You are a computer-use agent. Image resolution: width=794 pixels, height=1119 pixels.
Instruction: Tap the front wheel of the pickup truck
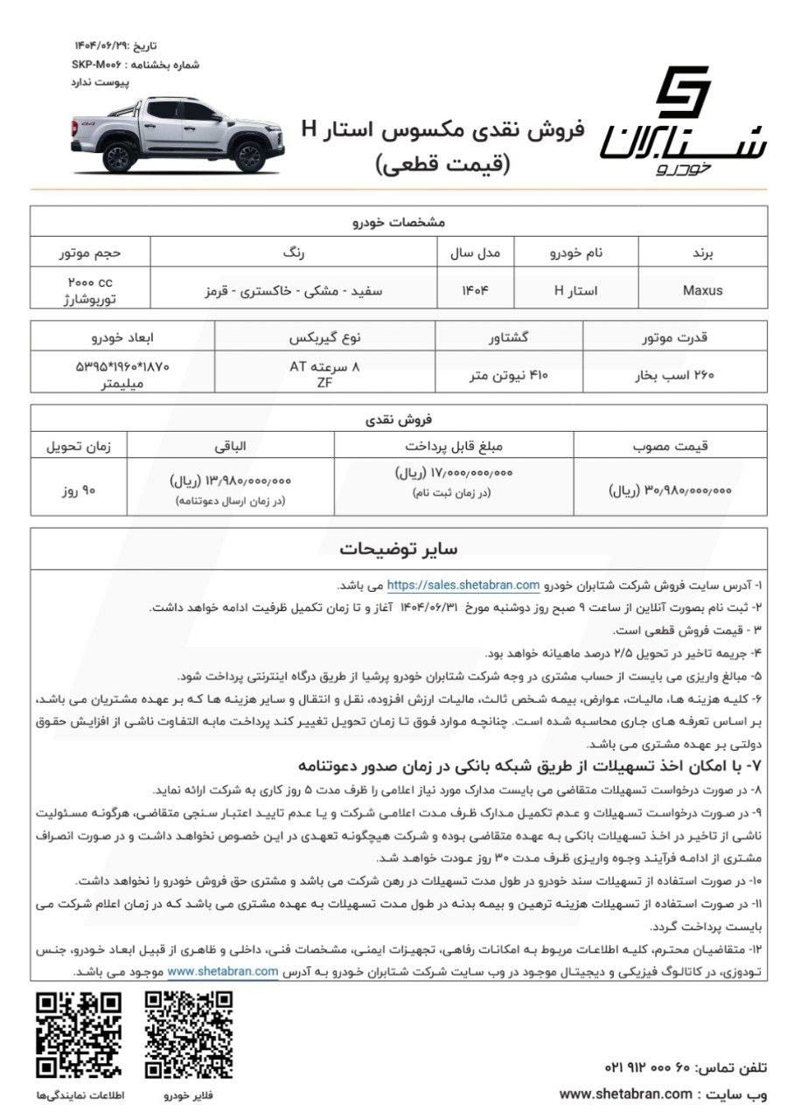click(118, 156)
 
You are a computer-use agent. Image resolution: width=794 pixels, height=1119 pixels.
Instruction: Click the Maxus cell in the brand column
click(702, 290)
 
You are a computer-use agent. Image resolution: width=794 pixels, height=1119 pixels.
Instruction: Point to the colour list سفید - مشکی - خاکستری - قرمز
click(293, 290)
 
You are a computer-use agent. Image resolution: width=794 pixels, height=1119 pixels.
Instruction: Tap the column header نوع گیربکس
click(324, 337)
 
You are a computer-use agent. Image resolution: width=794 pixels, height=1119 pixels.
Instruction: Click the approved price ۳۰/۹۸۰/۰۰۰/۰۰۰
click(670, 491)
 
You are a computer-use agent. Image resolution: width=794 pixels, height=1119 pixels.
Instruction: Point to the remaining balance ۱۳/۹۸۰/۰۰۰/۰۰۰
click(231, 480)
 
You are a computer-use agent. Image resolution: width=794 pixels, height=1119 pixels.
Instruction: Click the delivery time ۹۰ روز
click(77, 491)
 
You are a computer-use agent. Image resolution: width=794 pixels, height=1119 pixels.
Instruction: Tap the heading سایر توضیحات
click(398, 549)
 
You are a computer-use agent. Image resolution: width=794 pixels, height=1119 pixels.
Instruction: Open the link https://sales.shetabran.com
click(464, 585)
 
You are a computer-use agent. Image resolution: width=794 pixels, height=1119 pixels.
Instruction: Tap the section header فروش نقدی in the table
click(398, 419)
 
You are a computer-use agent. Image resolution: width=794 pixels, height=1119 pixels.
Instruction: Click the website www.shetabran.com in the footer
click(625, 1094)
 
